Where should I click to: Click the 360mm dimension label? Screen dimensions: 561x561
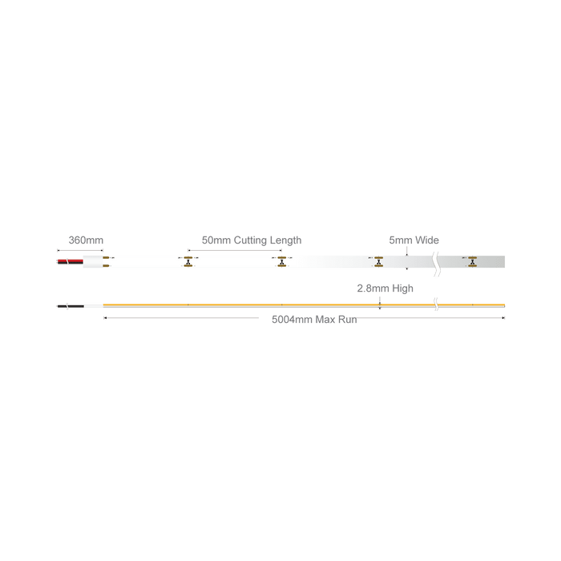click(x=86, y=240)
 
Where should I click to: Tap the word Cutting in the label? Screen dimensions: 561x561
click(x=250, y=240)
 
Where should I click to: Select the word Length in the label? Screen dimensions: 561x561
click(x=285, y=240)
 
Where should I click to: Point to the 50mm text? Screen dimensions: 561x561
click(x=216, y=240)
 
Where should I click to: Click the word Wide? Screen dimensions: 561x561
click(x=427, y=240)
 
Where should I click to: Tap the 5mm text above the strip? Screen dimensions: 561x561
click(x=401, y=240)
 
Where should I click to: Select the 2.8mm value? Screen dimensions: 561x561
click(x=373, y=289)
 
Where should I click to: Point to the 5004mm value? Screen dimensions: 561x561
click(x=292, y=320)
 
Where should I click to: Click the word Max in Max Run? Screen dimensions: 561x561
click(x=325, y=320)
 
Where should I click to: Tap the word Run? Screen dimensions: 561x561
click(x=347, y=320)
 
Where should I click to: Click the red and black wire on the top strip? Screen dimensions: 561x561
click(x=71, y=262)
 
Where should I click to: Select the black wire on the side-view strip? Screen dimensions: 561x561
click(x=71, y=306)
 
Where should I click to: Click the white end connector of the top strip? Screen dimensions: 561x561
click(x=93, y=262)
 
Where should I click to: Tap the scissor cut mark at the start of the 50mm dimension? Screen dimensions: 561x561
click(x=188, y=262)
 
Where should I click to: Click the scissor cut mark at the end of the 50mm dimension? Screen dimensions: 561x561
click(x=282, y=262)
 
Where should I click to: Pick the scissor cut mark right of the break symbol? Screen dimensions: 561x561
click(x=473, y=262)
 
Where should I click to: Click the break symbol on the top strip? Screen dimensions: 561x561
click(x=437, y=264)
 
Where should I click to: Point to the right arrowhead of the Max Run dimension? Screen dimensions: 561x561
click(x=503, y=317)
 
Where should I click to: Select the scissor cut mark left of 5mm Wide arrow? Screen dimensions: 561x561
click(x=378, y=262)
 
